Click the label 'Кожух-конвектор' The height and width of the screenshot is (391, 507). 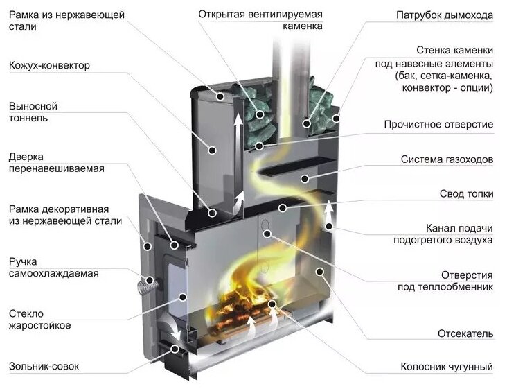49,65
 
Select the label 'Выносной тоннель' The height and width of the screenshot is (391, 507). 33,112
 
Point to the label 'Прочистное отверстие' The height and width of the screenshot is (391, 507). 438,125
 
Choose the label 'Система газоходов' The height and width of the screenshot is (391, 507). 447,159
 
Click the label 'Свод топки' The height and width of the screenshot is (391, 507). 466,194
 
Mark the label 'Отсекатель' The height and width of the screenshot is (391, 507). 465,333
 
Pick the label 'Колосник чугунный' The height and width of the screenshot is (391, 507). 447,367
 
